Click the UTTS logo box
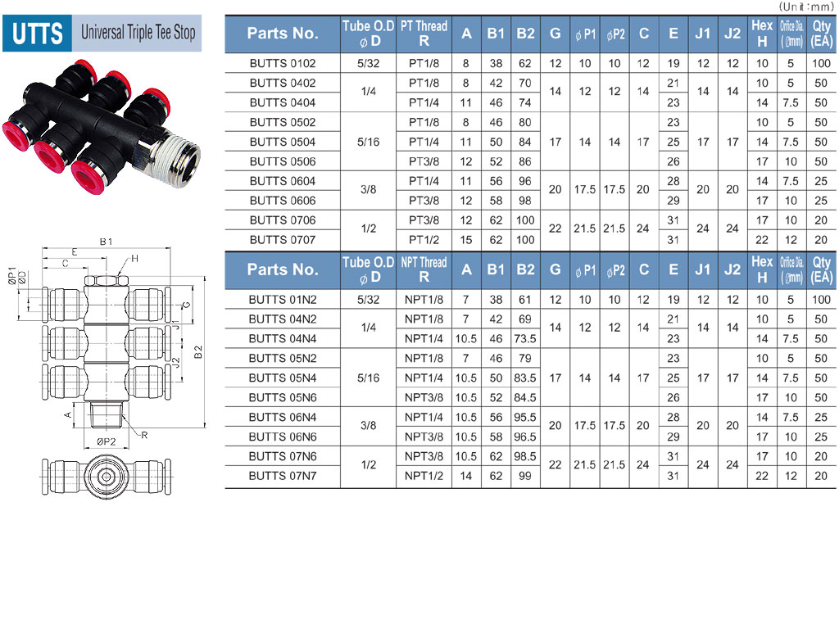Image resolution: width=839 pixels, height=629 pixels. pyautogui.click(x=37, y=33)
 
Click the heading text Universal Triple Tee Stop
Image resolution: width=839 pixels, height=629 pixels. pyautogui.click(x=138, y=33)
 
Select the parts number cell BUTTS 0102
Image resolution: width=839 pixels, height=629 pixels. pyautogui.click(x=283, y=63)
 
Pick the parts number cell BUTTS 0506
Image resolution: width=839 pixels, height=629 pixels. pyautogui.click(x=283, y=161)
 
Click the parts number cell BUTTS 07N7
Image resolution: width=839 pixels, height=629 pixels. pyautogui.click(x=283, y=476)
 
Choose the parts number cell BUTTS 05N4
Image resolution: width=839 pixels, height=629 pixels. pyautogui.click(x=283, y=378)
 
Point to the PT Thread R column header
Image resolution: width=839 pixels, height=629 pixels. pyautogui.click(x=424, y=33)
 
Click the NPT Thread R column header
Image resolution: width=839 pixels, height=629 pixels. pyautogui.click(x=424, y=269)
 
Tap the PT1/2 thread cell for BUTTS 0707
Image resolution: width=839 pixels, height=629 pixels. pyautogui.click(x=424, y=240)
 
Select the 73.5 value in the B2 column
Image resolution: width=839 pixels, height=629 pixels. pyautogui.click(x=525, y=339)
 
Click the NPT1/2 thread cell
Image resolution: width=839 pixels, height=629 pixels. pyautogui.click(x=424, y=476)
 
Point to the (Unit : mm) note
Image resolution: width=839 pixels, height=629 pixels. pyautogui.click(x=806, y=7)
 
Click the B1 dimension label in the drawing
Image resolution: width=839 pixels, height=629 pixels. pyautogui.click(x=106, y=242)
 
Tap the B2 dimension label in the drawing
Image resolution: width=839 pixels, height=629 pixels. pyautogui.click(x=198, y=352)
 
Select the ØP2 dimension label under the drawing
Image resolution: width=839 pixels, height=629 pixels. pyautogui.click(x=106, y=441)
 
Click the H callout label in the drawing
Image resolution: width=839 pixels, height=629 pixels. pyautogui.click(x=134, y=259)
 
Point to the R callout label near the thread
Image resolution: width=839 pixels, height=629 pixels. pyautogui.click(x=144, y=436)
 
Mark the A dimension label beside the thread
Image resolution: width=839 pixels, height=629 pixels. pyautogui.click(x=68, y=415)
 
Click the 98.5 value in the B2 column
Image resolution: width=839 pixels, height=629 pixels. pyautogui.click(x=525, y=457)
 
